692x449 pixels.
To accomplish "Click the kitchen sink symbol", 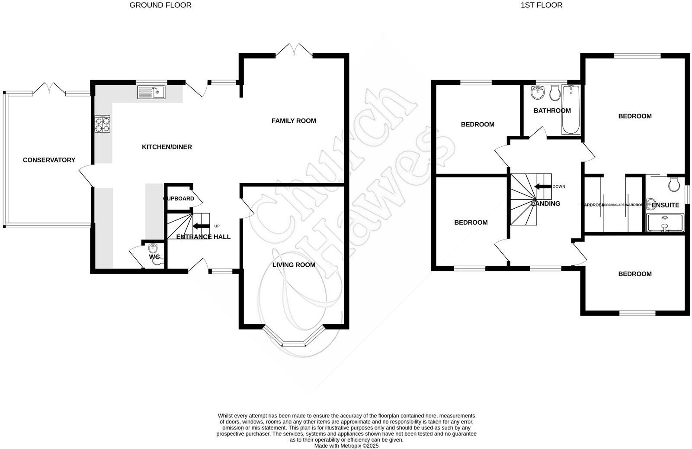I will (151, 92).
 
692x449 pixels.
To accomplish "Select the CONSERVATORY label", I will (49, 160).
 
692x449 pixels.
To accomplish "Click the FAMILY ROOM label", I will (294, 121).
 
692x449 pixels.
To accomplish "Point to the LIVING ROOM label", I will (294, 265).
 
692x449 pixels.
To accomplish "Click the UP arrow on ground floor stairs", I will (200, 226).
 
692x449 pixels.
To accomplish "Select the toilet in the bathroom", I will (554, 93).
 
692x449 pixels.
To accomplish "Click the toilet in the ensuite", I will (674, 184).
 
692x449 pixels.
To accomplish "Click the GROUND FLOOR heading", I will (160, 5).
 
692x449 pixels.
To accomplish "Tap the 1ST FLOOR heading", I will (541, 5).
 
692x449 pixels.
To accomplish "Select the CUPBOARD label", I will (179, 199).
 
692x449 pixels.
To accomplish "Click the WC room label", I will (154, 257).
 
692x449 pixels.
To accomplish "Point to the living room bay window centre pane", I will (294, 345).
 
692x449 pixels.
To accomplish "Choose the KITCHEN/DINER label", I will (167, 147).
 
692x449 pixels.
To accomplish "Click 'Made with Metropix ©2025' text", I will (346, 446).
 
